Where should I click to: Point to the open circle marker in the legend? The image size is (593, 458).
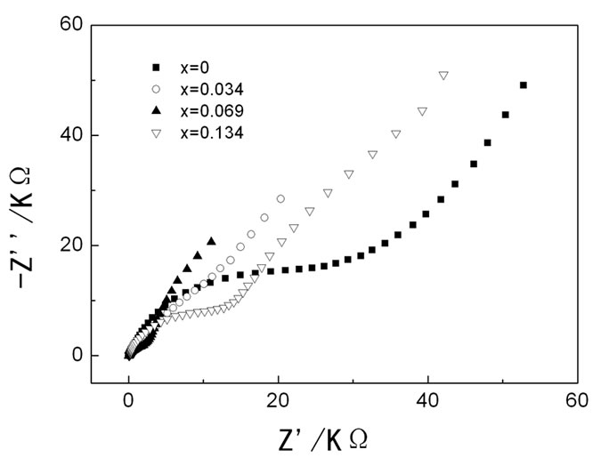[156, 89]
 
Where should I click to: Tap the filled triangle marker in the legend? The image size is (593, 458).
[156, 110]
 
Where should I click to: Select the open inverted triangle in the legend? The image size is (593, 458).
[156, 133]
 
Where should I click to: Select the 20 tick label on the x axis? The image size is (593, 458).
[278, 399]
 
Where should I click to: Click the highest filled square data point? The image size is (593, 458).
[523, 85]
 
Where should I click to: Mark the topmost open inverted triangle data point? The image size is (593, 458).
[443, 76]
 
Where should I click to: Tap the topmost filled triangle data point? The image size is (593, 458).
[211, 241]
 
